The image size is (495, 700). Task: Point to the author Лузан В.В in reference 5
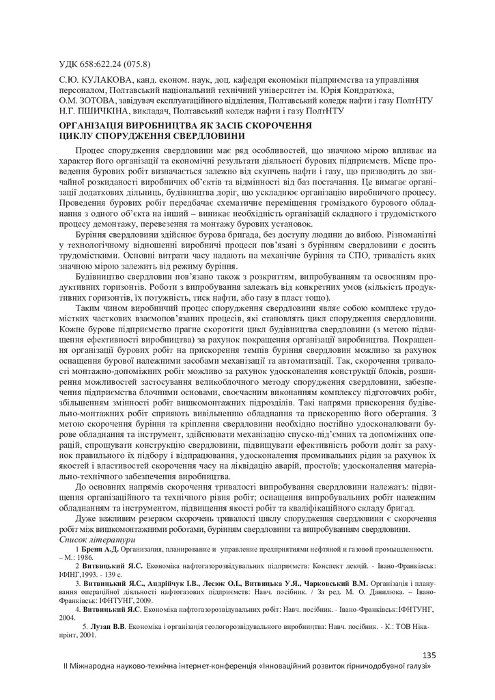[x=110, y=625]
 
